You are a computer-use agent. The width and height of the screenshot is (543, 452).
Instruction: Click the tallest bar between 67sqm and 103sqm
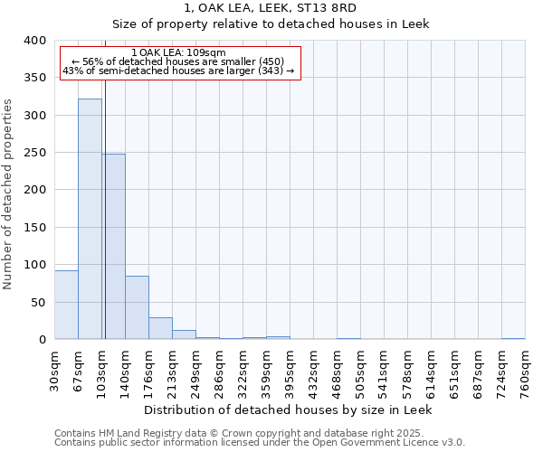(90, 219)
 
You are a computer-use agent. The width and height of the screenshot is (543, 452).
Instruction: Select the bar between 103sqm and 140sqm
(114, 246)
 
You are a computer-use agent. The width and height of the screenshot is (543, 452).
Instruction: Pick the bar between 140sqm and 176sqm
(137, 307)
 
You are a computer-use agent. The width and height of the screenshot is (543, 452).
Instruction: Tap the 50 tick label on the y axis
(39, 302)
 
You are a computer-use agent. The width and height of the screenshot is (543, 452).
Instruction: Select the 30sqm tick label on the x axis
(55, 368)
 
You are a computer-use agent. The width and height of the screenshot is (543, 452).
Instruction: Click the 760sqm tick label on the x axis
(525, 368)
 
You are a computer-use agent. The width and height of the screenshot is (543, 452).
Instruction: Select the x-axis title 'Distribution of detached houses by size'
(288, 410)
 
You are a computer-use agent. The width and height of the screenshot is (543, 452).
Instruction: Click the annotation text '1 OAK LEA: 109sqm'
(178, 52)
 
